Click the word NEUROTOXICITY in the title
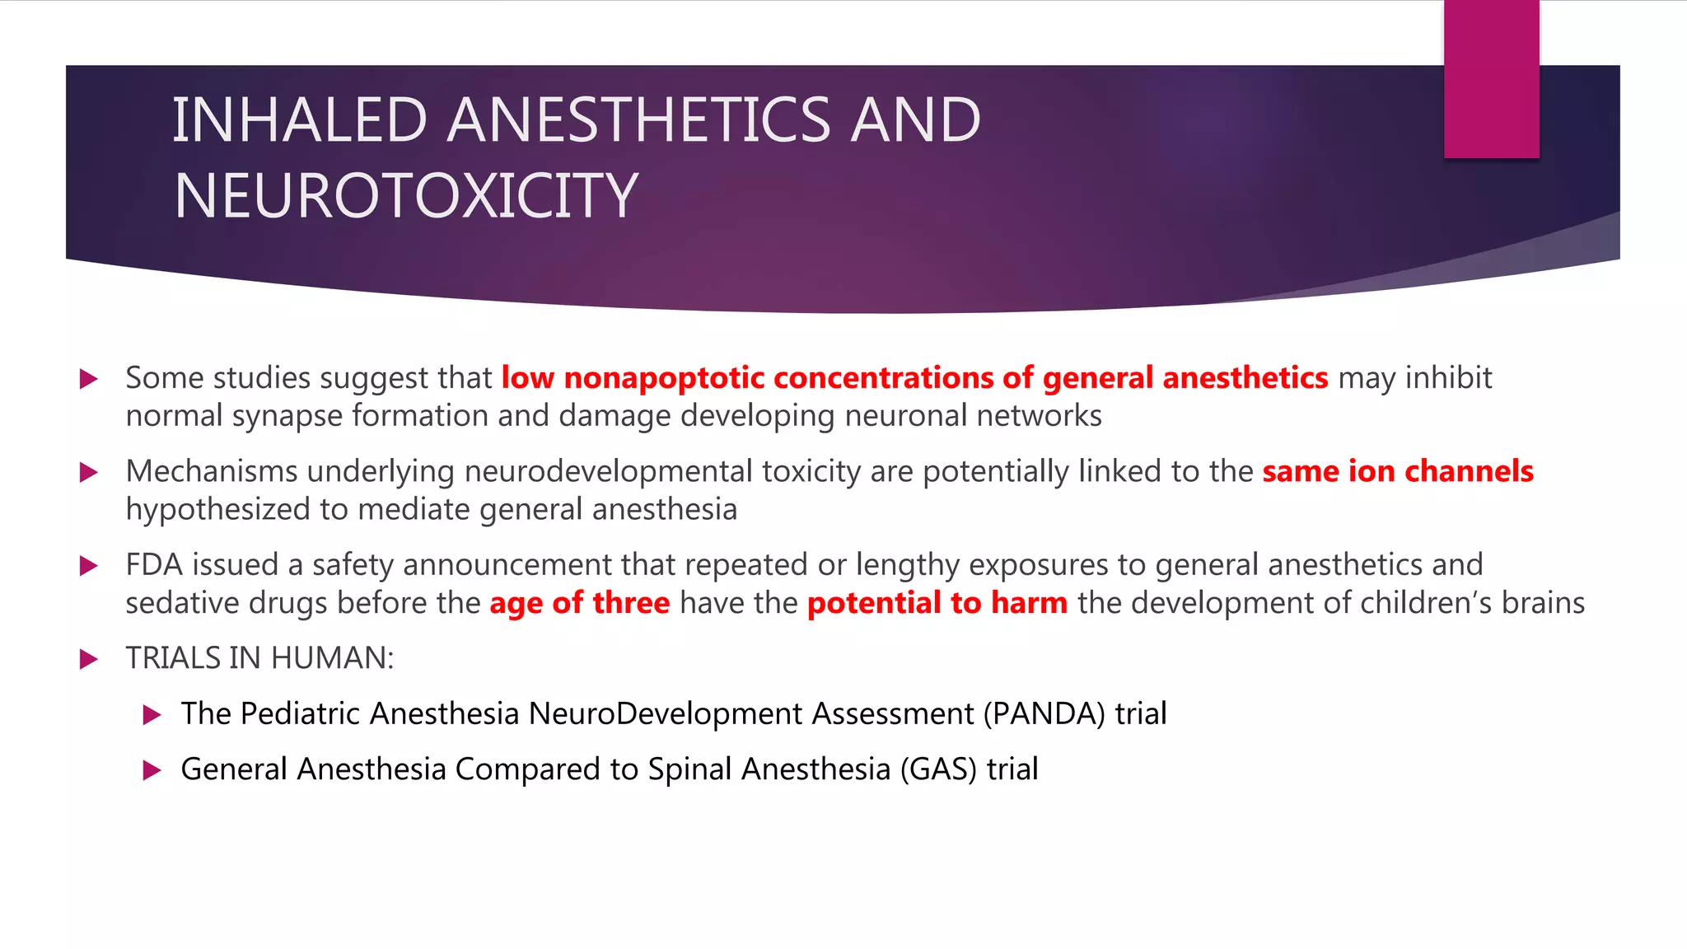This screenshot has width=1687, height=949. pos(405,196)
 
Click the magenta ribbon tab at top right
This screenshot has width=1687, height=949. pos(1491,78)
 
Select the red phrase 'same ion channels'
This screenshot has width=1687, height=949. pos(1397,471)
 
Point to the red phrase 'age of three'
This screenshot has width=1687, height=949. pos(579,603)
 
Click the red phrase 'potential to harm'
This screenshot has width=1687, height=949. pos(937,603)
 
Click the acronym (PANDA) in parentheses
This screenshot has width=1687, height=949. pos(1044,713)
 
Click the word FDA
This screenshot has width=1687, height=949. pos(153,565)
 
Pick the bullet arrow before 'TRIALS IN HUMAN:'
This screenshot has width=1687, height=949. pos(88,659)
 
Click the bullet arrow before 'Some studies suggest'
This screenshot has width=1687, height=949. pos(88,379)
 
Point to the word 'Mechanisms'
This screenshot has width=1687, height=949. pos(211,471)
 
